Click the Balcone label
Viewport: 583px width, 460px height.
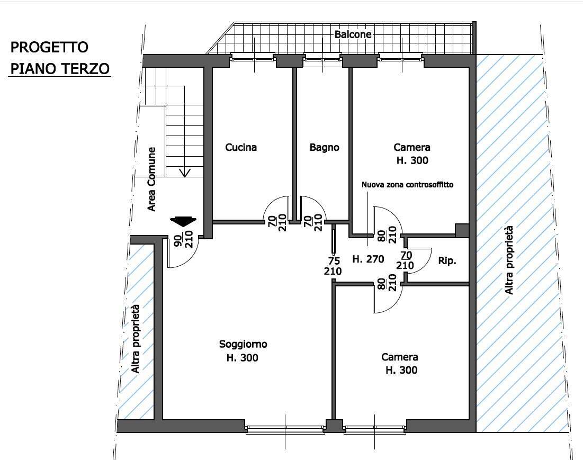[x=353, y=34]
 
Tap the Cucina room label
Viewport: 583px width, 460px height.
[x=241, y=148]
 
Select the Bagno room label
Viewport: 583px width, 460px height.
[x=324, y=148]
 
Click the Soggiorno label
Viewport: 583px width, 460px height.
[x=243, y=344]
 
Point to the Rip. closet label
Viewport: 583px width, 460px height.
[x=447, y=261]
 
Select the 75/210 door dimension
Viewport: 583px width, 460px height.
[x=333, y=266]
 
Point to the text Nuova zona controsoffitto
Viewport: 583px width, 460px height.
[x=407, y=185]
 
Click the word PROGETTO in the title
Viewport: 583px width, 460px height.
[x=49, y=48]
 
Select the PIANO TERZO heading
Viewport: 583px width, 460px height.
[x=59, y=69]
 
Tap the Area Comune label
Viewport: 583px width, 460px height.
[x=151, y=179]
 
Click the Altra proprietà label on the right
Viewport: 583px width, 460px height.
[x=509, y=260]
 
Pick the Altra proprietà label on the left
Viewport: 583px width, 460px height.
[x=136, y=339]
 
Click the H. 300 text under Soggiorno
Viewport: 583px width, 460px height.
[x=243, y=358]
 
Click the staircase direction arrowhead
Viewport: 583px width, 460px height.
[x=185, y=173]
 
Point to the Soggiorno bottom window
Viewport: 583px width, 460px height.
[x=285, y=429]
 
